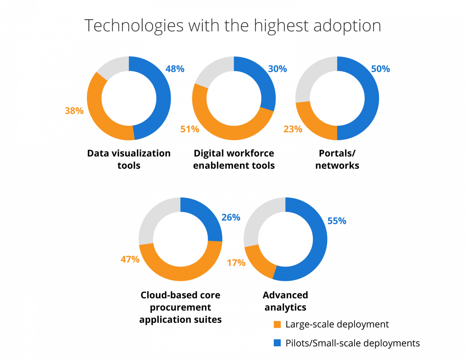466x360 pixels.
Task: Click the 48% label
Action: [175, 69]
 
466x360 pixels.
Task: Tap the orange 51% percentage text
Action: [190, 129]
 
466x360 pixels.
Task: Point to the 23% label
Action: [293, 129]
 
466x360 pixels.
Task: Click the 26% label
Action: [231, 217]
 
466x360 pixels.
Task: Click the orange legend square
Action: [277, 325]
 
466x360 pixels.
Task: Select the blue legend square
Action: [277, 343]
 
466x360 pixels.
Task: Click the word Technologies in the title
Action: [134, 25]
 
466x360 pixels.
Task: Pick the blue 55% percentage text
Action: [336, 221]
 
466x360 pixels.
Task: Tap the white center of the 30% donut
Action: [234, 98]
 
